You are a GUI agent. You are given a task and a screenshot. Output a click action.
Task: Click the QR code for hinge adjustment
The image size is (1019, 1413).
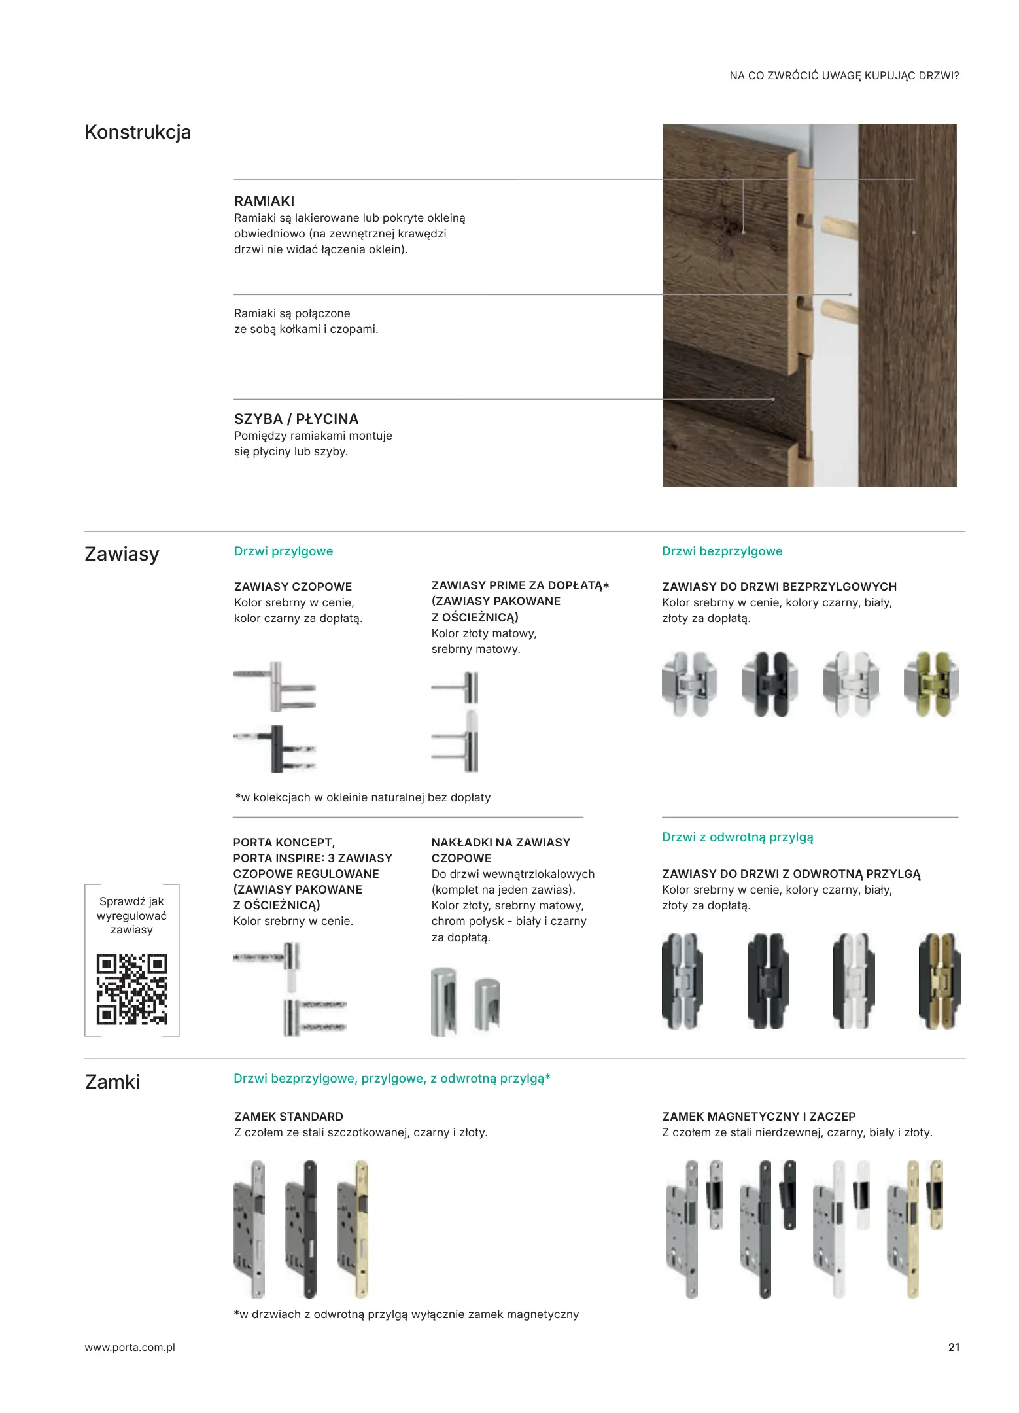point(131,988)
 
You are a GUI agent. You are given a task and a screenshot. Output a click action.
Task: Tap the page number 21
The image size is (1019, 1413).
point(954,1347)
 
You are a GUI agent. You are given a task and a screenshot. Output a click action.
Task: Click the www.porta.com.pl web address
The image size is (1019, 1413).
point(130,1347)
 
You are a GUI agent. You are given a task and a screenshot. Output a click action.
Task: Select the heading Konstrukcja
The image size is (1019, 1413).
point(137,132)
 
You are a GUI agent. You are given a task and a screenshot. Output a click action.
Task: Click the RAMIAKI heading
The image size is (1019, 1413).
point(264,201)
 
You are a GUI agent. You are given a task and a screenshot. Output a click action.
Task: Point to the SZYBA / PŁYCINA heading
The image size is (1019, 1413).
point(296,419)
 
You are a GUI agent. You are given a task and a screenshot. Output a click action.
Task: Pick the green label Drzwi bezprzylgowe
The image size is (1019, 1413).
point(721,551)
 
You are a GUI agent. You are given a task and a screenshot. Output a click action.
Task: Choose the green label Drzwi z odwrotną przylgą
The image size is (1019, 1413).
point(737,837)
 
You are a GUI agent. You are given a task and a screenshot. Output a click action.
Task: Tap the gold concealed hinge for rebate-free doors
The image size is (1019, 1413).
point(931,684)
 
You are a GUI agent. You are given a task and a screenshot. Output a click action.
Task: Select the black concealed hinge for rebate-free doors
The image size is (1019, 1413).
point(770,684)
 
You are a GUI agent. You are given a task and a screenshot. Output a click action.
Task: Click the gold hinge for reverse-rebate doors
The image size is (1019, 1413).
point(939,981)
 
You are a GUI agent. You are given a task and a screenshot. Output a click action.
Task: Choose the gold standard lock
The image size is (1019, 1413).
point(353,1229)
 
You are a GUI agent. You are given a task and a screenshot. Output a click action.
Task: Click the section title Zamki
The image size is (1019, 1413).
point(112,1081)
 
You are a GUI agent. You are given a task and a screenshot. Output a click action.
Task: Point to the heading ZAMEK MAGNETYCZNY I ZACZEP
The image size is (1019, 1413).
point(758,1116)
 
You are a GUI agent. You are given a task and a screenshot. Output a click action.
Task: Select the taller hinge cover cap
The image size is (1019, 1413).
point(443,1002)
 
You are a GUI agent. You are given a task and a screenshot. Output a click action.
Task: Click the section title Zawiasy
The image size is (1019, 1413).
point(122,554)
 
